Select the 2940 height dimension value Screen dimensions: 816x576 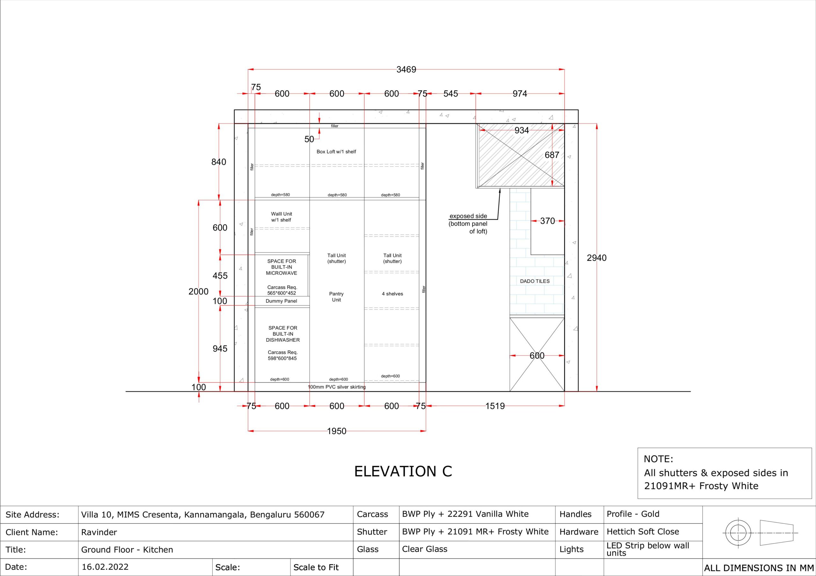(x=596, y=258)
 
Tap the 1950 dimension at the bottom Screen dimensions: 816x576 (x=337, y=431)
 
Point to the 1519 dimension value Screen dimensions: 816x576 (x=495, y=406)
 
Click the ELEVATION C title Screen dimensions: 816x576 (x=403, y=471)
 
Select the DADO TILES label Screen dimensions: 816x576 (x=535, y=281)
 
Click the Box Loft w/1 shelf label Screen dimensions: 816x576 (x=336, y=152)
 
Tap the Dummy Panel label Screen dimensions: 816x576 (x=281, y=301)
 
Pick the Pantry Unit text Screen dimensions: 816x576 (x=336, y=297)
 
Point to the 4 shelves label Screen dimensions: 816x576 (x=392, y=294)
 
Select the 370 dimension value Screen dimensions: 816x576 (x=547, y=221)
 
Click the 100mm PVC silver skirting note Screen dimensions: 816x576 (x=337, y=387)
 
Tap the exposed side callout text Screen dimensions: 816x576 (x=468, y=224)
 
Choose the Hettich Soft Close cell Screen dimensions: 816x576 (x=643, y=532)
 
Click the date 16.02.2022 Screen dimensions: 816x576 (x=105, y=567)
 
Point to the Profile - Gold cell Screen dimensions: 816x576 (x=633, y=514)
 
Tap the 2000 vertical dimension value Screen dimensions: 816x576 (x=198, y=292)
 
